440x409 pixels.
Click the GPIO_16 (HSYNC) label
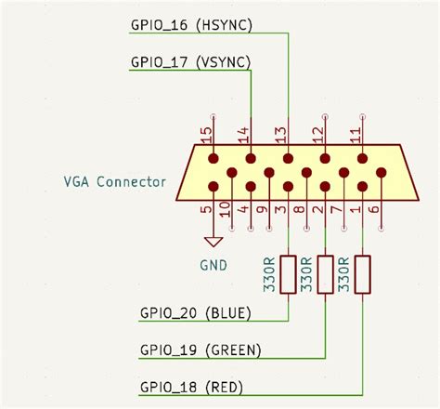(191, 25)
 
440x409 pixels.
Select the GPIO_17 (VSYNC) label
(190, 62)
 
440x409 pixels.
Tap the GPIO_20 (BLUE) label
(196, 313)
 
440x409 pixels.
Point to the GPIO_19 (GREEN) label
(201, 350)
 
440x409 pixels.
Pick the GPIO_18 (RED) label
(191, 388)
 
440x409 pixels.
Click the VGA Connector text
(115, 181)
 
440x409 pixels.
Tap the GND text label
(214, 265)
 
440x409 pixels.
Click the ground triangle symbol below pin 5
(214, 242)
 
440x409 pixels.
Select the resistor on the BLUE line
(288, 274)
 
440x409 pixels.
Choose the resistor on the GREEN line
(326, 274)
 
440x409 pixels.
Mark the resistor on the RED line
(363, 274)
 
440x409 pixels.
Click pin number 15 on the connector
(207, 136)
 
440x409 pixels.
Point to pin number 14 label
(244, 136)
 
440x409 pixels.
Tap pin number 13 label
(281, 136)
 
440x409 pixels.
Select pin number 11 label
(356, 136)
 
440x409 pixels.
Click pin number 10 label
(226, 209)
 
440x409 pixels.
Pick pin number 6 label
(374, 209)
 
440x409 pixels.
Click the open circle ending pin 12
(325, 117)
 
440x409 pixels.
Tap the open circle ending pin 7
(344, 229)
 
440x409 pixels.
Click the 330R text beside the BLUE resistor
(269, 274)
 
